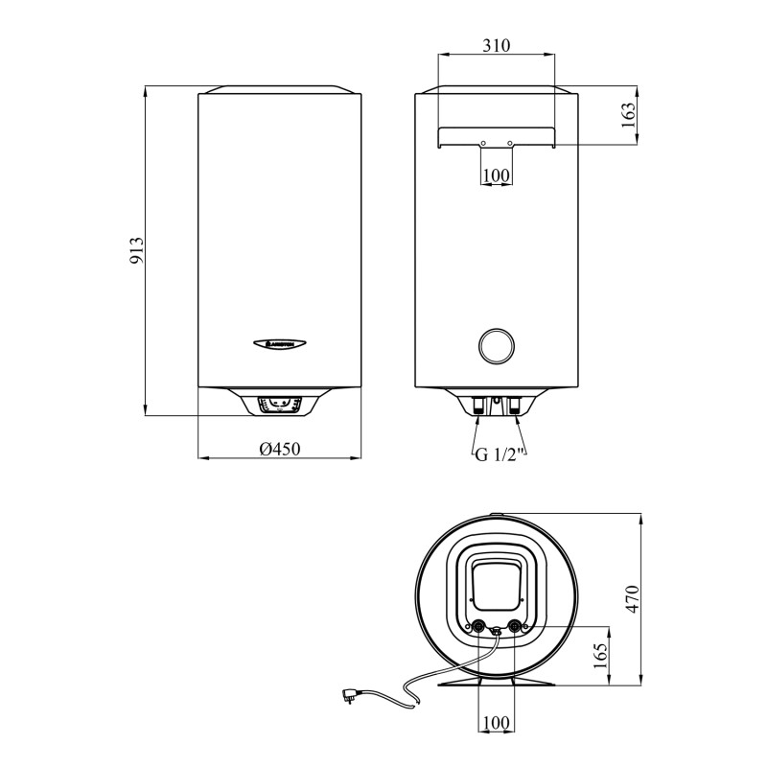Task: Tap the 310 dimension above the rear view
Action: [x=496, y=45]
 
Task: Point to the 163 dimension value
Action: [x=629, y=117]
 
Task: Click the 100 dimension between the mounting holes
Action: [x=496, y=174]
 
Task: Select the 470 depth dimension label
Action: [x=631, y=599]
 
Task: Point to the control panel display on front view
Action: [x=280, y=405]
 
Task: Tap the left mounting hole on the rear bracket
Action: [x=482, y=144]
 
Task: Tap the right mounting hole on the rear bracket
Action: [x=510, y=144]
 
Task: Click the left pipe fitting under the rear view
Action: [x=478, y=405]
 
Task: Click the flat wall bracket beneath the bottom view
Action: [x=496, y=684]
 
